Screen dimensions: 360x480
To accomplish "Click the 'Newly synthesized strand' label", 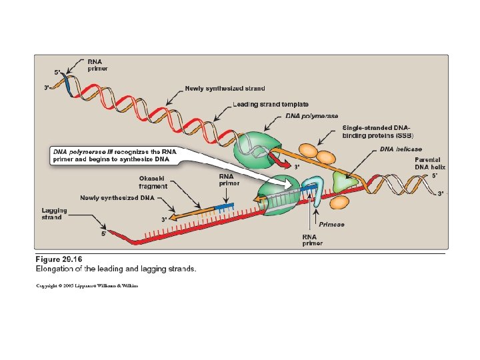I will click(225, 88).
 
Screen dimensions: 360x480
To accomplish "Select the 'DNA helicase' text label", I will click(401, 149).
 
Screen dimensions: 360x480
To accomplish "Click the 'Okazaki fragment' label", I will click(154, 182).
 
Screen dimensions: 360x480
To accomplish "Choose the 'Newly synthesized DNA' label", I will click(117, 198).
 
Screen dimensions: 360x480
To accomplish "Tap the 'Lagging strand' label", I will click(52, 213).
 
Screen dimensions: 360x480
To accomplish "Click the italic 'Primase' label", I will click(331, 225).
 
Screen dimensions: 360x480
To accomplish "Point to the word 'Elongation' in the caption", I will click(57, 269).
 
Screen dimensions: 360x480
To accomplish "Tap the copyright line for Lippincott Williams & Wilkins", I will click(87, 285).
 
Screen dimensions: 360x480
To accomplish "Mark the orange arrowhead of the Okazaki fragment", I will click(173, 217).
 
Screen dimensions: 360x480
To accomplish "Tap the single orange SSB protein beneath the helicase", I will click(340, 201).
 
